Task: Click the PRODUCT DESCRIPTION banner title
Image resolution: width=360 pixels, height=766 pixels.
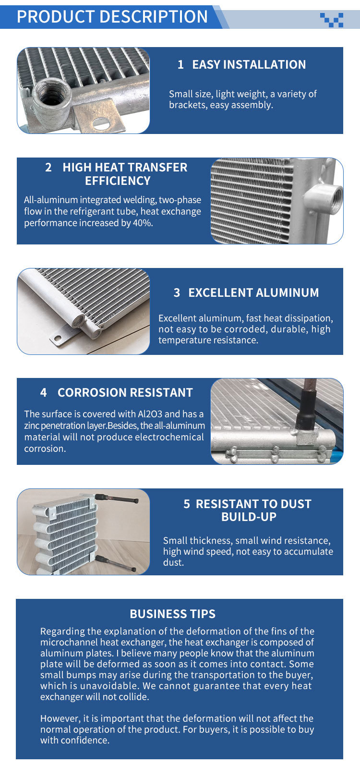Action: (112, 16)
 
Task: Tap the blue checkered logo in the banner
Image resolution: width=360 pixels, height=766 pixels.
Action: (331, 20)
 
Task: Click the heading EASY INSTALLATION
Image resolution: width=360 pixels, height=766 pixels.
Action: (249, 64)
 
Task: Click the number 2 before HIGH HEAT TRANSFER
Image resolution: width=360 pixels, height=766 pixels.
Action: (48, 167)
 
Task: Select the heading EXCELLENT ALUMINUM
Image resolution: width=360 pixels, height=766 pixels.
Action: (253, 292)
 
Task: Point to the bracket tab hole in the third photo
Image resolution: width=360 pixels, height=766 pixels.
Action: (58, 339)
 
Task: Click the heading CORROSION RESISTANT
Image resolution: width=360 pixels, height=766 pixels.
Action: (125, 392)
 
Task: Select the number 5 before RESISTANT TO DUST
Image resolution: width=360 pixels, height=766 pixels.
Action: (187, 504)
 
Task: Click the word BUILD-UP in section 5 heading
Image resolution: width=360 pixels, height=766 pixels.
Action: (249, 517)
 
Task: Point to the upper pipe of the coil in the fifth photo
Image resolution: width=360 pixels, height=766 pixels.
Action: (116, 499)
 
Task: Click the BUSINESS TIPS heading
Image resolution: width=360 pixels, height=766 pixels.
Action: (173, 614)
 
